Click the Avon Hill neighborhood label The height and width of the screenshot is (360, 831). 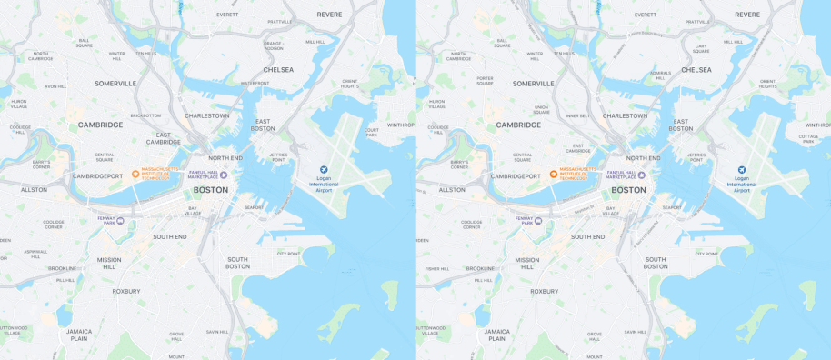click(x=56, y=86)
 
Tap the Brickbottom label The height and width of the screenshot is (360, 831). click(x=145, y=115)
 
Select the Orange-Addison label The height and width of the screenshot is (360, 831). click(x=274, y=45)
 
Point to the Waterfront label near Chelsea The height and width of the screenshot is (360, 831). click(x=255, y=83)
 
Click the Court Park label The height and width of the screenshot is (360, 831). click(x=371, y=132)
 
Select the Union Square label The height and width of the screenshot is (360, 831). click(x=542, y=109)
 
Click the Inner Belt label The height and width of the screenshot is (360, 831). click(x=577, y=115)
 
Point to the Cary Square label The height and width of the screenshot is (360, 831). click(x=701, y=48)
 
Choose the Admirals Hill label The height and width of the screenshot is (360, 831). click(x=660, y=75)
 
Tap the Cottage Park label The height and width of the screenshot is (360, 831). click(x=808, y=138)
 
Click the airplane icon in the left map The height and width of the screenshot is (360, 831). click(x=323, y=169)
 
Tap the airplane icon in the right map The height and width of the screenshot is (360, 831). click(x=741, y=169)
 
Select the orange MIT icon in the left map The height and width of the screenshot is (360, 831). click(x=135, y=174)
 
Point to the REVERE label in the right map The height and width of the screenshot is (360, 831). click(x=747, y=15)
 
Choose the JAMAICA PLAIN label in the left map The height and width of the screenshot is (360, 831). click(x=78, y=335)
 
